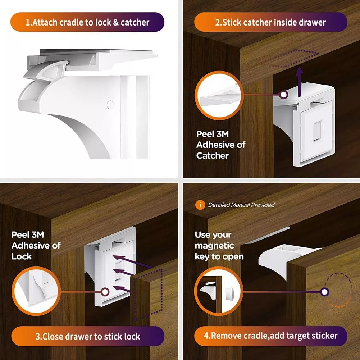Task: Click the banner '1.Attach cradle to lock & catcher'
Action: (87, 22)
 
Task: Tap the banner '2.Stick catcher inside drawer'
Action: (270, 22)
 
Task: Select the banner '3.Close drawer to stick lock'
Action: (88, 336)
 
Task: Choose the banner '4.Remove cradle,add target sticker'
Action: (270, 336)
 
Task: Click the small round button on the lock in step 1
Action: (110, 105)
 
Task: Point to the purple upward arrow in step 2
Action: (299, 82)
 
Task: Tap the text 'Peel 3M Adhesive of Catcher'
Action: (220, 145)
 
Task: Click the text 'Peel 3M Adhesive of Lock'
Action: (36, 245)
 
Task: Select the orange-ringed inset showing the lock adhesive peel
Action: (36, 291)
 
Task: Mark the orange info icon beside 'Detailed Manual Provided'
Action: (200, 205)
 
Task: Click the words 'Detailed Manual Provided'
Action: (241, 205)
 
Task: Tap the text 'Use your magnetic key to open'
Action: (219, 246)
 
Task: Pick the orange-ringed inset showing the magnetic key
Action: (219, 291)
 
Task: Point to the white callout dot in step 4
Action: (325, 292)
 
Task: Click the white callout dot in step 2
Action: (284, 94)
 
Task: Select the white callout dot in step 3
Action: (105, 292)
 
